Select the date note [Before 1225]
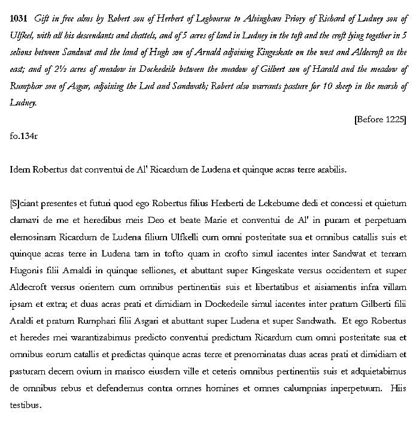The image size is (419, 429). click(380, 119)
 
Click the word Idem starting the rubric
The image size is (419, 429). click(21, 170)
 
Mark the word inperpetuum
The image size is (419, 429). click(357, 388)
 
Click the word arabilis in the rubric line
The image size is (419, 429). click(330, 170)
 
